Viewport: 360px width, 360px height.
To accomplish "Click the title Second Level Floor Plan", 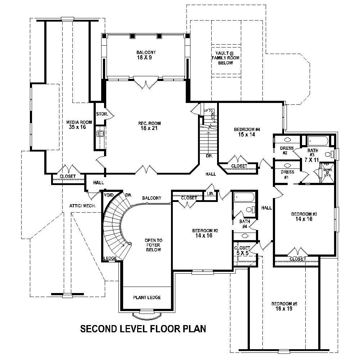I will [143, 329].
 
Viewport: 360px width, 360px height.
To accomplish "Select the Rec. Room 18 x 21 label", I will [148, 126].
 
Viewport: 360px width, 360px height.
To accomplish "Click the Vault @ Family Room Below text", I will [225, 58].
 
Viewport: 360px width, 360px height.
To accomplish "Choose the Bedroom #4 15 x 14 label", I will [247, 132].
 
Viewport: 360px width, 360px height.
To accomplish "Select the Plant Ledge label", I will [147, 297].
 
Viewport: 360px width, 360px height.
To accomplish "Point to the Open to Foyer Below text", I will [153, 245].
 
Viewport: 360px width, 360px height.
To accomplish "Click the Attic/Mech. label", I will [82, 206].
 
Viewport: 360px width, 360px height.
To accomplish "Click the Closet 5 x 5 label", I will [242, 251].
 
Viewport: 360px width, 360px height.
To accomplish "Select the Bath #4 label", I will [244, 224].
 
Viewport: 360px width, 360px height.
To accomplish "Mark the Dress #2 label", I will [287, 150].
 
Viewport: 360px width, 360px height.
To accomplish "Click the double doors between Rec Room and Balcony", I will [146, 85].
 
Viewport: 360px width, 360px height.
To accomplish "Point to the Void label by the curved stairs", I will [108, 195].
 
